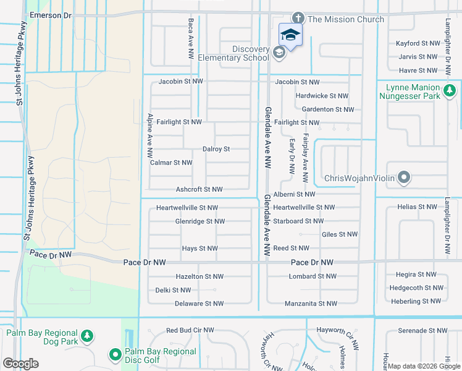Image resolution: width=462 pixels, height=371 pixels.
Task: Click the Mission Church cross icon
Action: (298, 19)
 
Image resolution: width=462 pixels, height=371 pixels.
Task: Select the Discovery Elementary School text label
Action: (251, 54)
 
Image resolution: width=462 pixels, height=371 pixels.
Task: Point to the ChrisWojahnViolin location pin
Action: (404, 179)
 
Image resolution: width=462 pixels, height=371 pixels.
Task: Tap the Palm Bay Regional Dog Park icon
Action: (88, 336)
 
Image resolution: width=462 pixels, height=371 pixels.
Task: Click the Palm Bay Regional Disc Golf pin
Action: (115, 355)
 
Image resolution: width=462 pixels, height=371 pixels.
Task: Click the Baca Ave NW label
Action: (191, 39)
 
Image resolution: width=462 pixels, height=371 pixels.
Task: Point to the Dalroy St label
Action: (216, 149)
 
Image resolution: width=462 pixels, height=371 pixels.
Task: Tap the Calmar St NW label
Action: (171, 163)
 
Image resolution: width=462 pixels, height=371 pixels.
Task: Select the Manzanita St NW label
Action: (311, 304)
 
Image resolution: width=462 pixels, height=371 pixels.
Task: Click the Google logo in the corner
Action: (20, 363)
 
